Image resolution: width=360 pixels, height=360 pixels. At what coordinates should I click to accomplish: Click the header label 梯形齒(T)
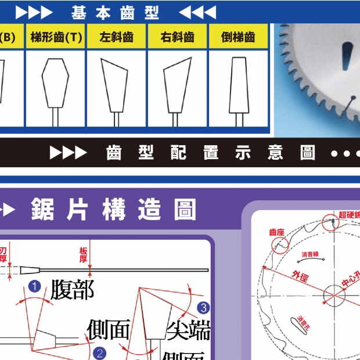(56, 37)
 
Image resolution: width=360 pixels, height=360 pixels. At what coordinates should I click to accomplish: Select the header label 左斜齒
(117, 37)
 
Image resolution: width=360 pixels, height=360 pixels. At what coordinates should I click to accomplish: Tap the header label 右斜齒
(178, 37)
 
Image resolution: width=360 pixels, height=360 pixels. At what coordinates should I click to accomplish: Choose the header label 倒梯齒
(238, 37)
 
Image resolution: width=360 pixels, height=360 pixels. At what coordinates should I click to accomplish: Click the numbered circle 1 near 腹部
(34, 286)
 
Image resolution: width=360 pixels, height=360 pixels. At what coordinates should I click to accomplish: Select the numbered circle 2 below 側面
(100, 353)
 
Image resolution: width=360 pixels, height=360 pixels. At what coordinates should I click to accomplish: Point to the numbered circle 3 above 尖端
(203, 307)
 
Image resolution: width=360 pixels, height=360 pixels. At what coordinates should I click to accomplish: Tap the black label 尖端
(188, 330)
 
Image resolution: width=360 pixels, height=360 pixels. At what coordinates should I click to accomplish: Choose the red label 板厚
(84, 254)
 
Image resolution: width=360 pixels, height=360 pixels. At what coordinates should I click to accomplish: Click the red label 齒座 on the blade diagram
(276, 232)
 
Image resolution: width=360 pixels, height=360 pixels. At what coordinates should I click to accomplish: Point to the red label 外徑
(301, 276)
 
